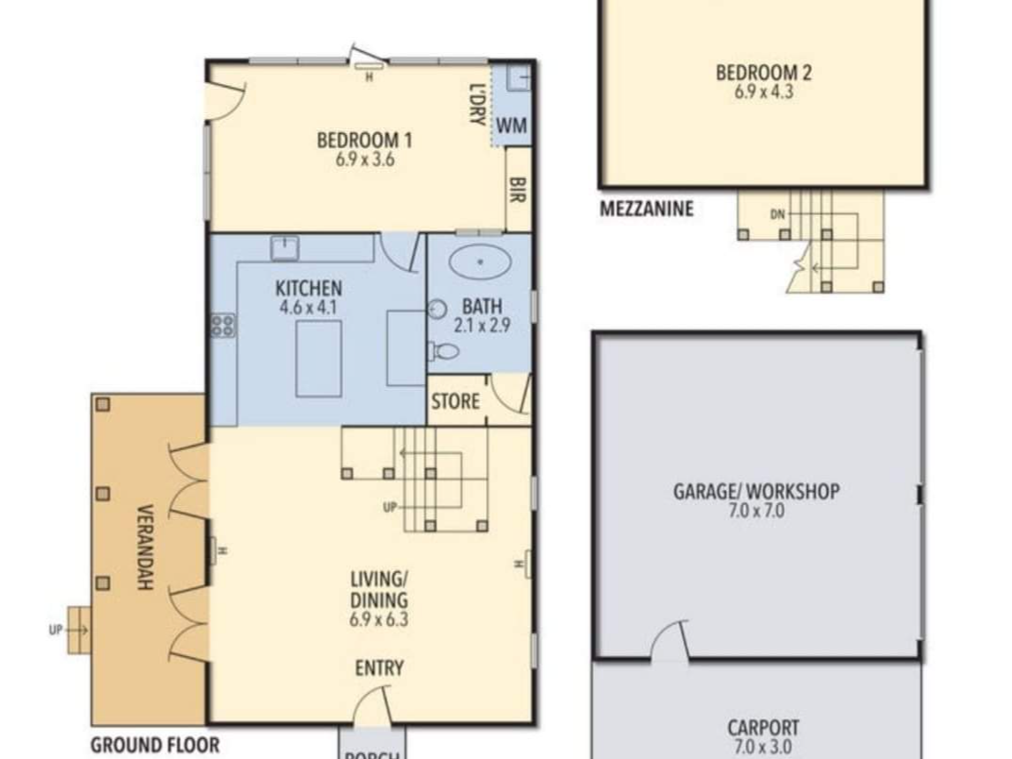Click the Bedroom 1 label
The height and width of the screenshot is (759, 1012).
pyautogui.click(x=364, y=140)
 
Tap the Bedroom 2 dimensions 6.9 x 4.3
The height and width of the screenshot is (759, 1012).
pyautogui.click(x=764, y=92)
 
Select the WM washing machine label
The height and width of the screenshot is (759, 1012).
pyautogui.click(x=512, y=125)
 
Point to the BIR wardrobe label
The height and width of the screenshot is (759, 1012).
pyautogui.click(x=517, y=191)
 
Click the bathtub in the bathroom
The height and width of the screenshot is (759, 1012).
pyautogui.click(x=480, y=262)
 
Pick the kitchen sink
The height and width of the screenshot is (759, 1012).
pyautogui.click(x=285, y=248)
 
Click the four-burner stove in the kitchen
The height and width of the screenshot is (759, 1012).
pyautogui.click(x=224, y=326)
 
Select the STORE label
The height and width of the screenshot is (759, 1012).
pyautogui.click(x=455, y=402)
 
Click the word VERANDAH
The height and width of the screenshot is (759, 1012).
pyautogui.click(x=145, y=548)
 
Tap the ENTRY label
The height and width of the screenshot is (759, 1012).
pyautogui.click(x=379, y=668)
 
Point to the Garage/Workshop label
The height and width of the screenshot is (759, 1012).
pyautogui.click(x=756, y=492)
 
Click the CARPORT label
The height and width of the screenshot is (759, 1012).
pyautogui.click(x=764, y=728)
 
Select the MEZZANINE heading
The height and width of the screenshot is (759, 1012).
pyautogui.click(x=647, y=209)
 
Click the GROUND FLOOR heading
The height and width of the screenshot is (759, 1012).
pyautogui.click(x=155, y=745)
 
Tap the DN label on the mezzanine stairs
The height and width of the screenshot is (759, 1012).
pyautogui.click(x=778, y=214)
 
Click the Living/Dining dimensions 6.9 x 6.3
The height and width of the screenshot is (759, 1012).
pyautogui.click(x=379, y=619)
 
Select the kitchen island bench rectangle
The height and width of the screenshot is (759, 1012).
pyautogui.click(x=319, y=359)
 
